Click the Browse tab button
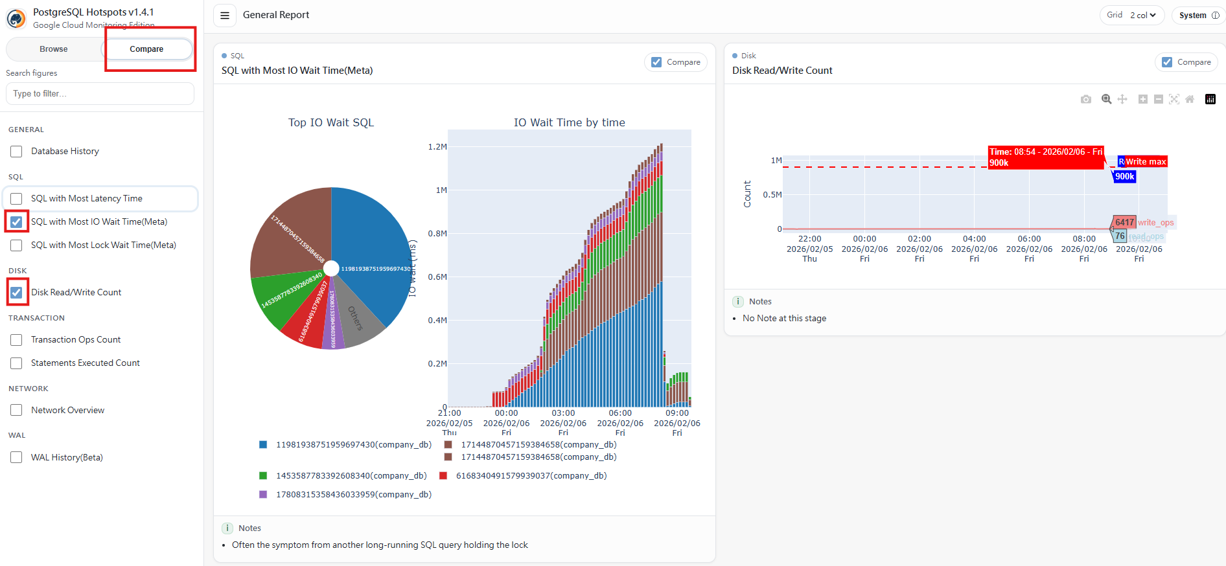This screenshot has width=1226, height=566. [x=53, y=49]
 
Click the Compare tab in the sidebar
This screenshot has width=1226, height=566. [x=146, y=49]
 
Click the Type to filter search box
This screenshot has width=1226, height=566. [x=100, y=94]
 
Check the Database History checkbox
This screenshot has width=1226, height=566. [x=17, y=152]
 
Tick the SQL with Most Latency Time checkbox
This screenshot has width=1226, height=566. [x=17, y=199]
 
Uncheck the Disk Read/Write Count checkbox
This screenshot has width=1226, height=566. [x=17, y=293]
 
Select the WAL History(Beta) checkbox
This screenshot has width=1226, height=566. [x=17, y=458]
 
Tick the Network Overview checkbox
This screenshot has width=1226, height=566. [x=17, y=411]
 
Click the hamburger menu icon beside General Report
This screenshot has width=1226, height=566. [x=225, y=16]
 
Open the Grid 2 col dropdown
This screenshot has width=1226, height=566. [x=1131, y=16]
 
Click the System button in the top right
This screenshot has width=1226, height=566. [x=1197, y=16]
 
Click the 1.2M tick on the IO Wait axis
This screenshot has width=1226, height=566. [x=437, y=147]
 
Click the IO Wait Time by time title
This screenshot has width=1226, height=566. [x=569, y=122]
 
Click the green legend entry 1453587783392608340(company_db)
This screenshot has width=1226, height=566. [x=351, y=476]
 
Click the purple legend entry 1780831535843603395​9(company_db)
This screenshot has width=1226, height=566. [x=353, y=495]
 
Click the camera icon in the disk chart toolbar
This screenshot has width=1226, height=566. [x=1086, y=99]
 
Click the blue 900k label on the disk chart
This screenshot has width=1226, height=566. [x=1124, y=176]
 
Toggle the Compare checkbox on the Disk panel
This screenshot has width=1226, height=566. [x=1167, y=62]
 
